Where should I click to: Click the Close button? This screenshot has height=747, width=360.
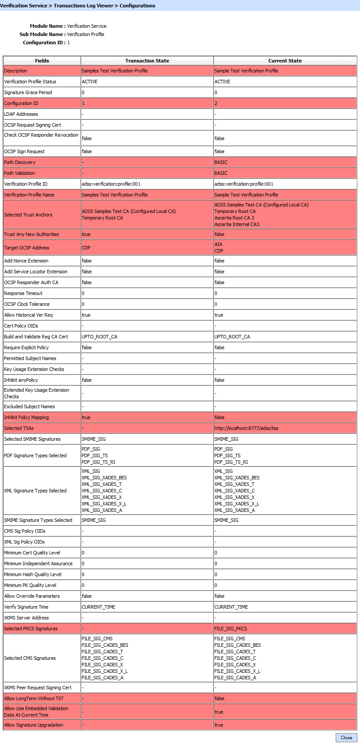pos(346,737)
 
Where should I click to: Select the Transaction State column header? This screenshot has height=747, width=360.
pos(147,61)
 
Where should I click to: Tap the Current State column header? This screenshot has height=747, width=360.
pos(285,61)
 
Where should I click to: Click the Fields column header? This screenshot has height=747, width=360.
pos(42,61)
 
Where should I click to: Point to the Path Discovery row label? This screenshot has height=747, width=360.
pos(20,162)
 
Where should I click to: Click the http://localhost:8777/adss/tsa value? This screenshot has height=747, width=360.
pos(246,428)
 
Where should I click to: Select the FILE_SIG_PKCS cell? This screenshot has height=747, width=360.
pos(231,629)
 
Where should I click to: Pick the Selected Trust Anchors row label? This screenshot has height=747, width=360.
pos(28,215)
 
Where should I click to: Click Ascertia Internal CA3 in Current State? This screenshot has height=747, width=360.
pos(237,224)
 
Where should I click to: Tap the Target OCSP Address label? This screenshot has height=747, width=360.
pos(27,248)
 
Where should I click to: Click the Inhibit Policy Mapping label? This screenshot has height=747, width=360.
pos(26,417)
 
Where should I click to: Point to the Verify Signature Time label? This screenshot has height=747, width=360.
pos(26,607)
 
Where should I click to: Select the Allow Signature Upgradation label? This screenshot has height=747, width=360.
pos(34,725)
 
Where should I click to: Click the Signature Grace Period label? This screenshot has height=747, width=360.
pos(28,92)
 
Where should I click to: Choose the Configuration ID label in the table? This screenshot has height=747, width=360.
pos(21,103)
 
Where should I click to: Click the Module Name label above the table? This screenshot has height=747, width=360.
pos(47,26)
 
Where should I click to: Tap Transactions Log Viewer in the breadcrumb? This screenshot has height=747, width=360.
pos(83,6)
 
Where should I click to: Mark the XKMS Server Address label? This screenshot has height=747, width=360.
pos(26,618)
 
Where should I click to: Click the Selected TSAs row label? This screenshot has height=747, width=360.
pos(19,428)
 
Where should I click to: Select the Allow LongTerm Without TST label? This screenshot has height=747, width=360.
pos(34,698)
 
